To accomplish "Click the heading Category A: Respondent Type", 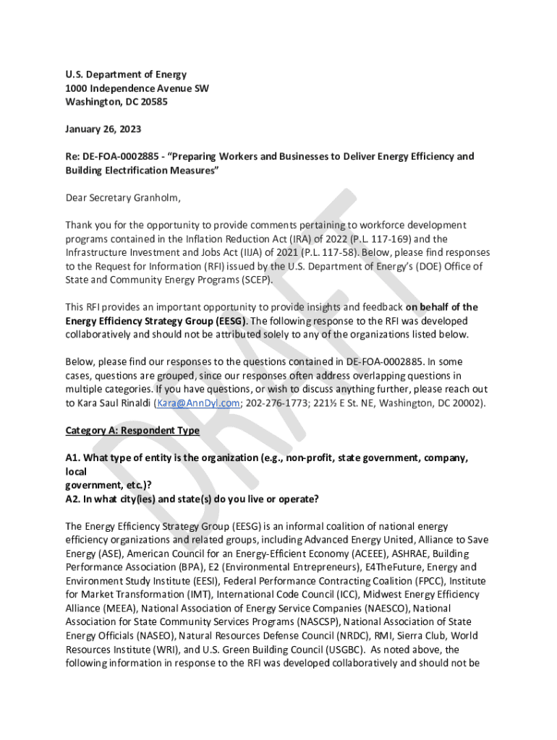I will tap(132, 431).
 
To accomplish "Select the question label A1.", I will tap(74, 458).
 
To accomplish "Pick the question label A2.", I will tap(74, 499).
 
